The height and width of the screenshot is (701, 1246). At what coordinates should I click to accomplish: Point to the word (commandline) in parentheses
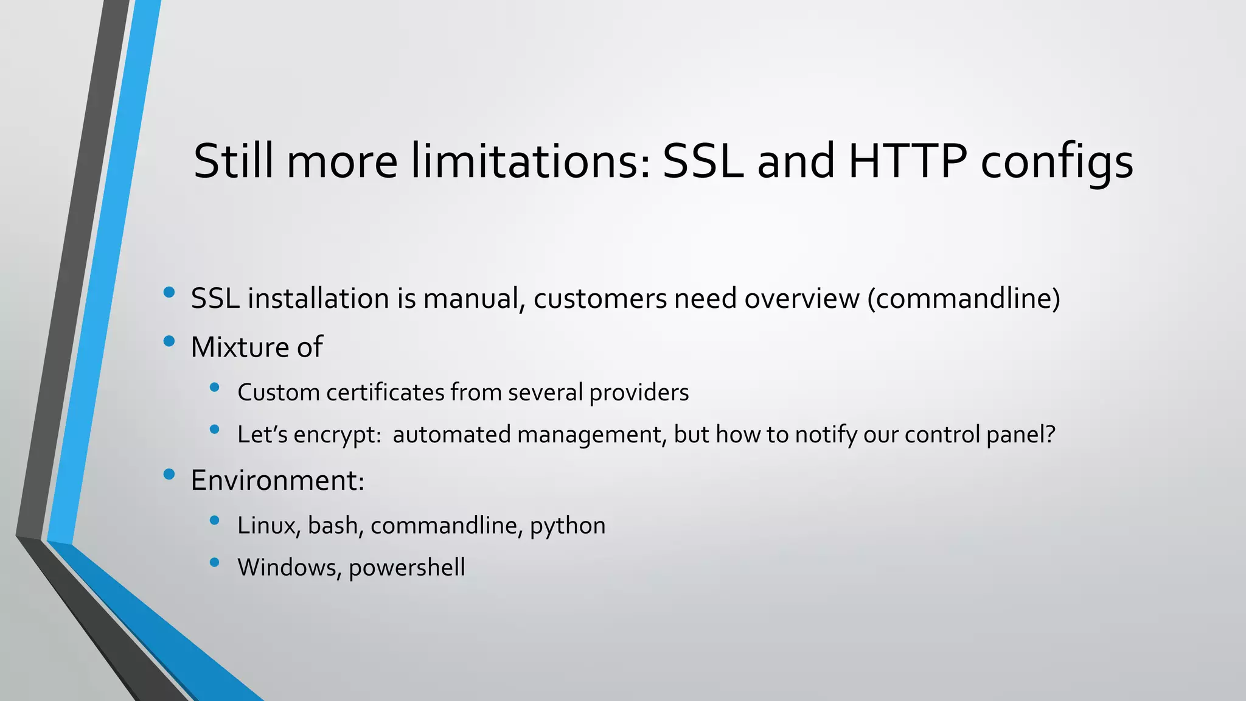click(964, 299)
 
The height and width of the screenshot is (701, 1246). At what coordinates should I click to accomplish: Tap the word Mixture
click(240, 347)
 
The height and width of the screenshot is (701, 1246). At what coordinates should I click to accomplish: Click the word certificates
click(385, 392)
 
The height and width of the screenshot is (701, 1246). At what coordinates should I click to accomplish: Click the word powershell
click(407, 568)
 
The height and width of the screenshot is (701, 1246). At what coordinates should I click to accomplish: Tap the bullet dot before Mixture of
click(169, 341)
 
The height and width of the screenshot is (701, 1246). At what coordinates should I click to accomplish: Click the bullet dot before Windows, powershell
click(214, 562)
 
